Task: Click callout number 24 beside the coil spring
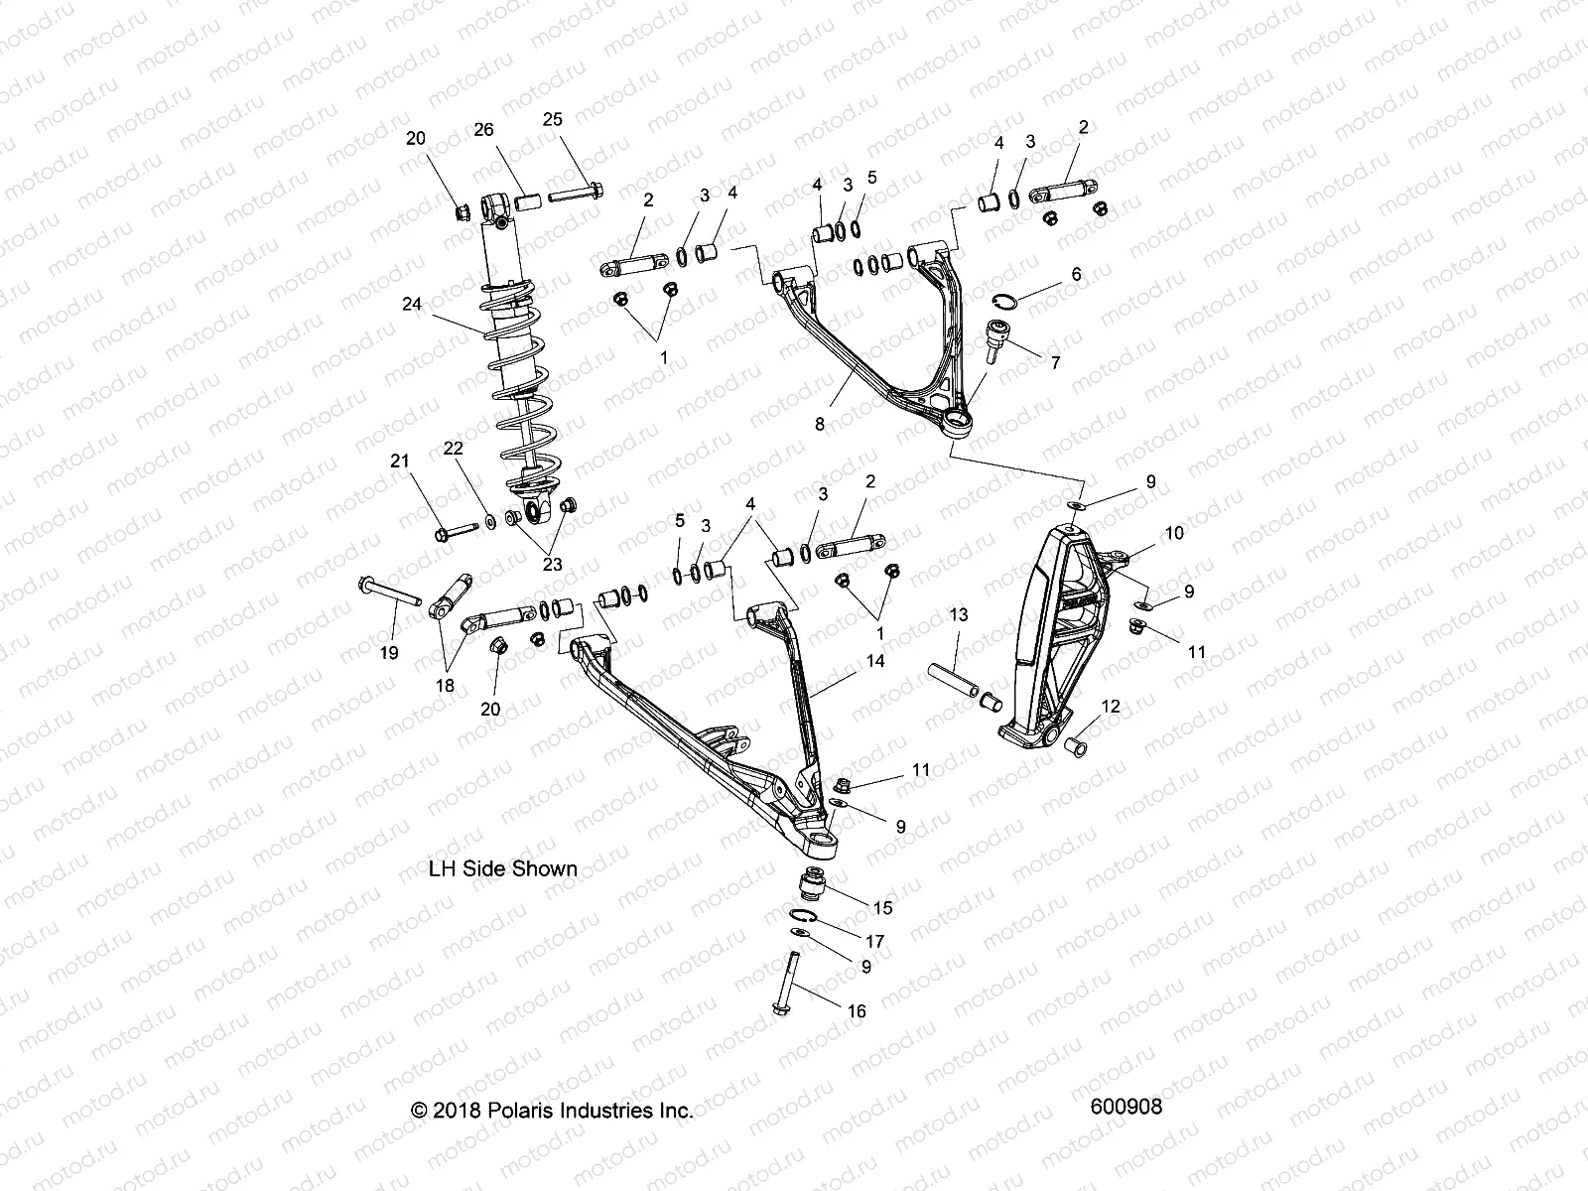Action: pos(412,304)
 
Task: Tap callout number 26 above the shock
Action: pos(483,130)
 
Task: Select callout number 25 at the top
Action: pos(552,119)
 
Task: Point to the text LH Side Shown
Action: pos(502,868)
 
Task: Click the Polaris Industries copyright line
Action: pos(552,1111)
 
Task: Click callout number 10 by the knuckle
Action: pos(1174,533)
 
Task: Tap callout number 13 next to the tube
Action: pos(958,616)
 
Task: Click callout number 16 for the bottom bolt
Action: pos(857,1011)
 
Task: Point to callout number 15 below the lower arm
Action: pos(881,907)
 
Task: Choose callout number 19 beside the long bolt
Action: pos(389,652)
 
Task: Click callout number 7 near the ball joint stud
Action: pos(1055,363)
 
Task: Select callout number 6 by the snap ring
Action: pos(1075,274)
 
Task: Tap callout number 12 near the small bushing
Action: pos(1111,707)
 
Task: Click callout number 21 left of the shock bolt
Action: pos(399,461)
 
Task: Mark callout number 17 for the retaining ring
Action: pos(874,941)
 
